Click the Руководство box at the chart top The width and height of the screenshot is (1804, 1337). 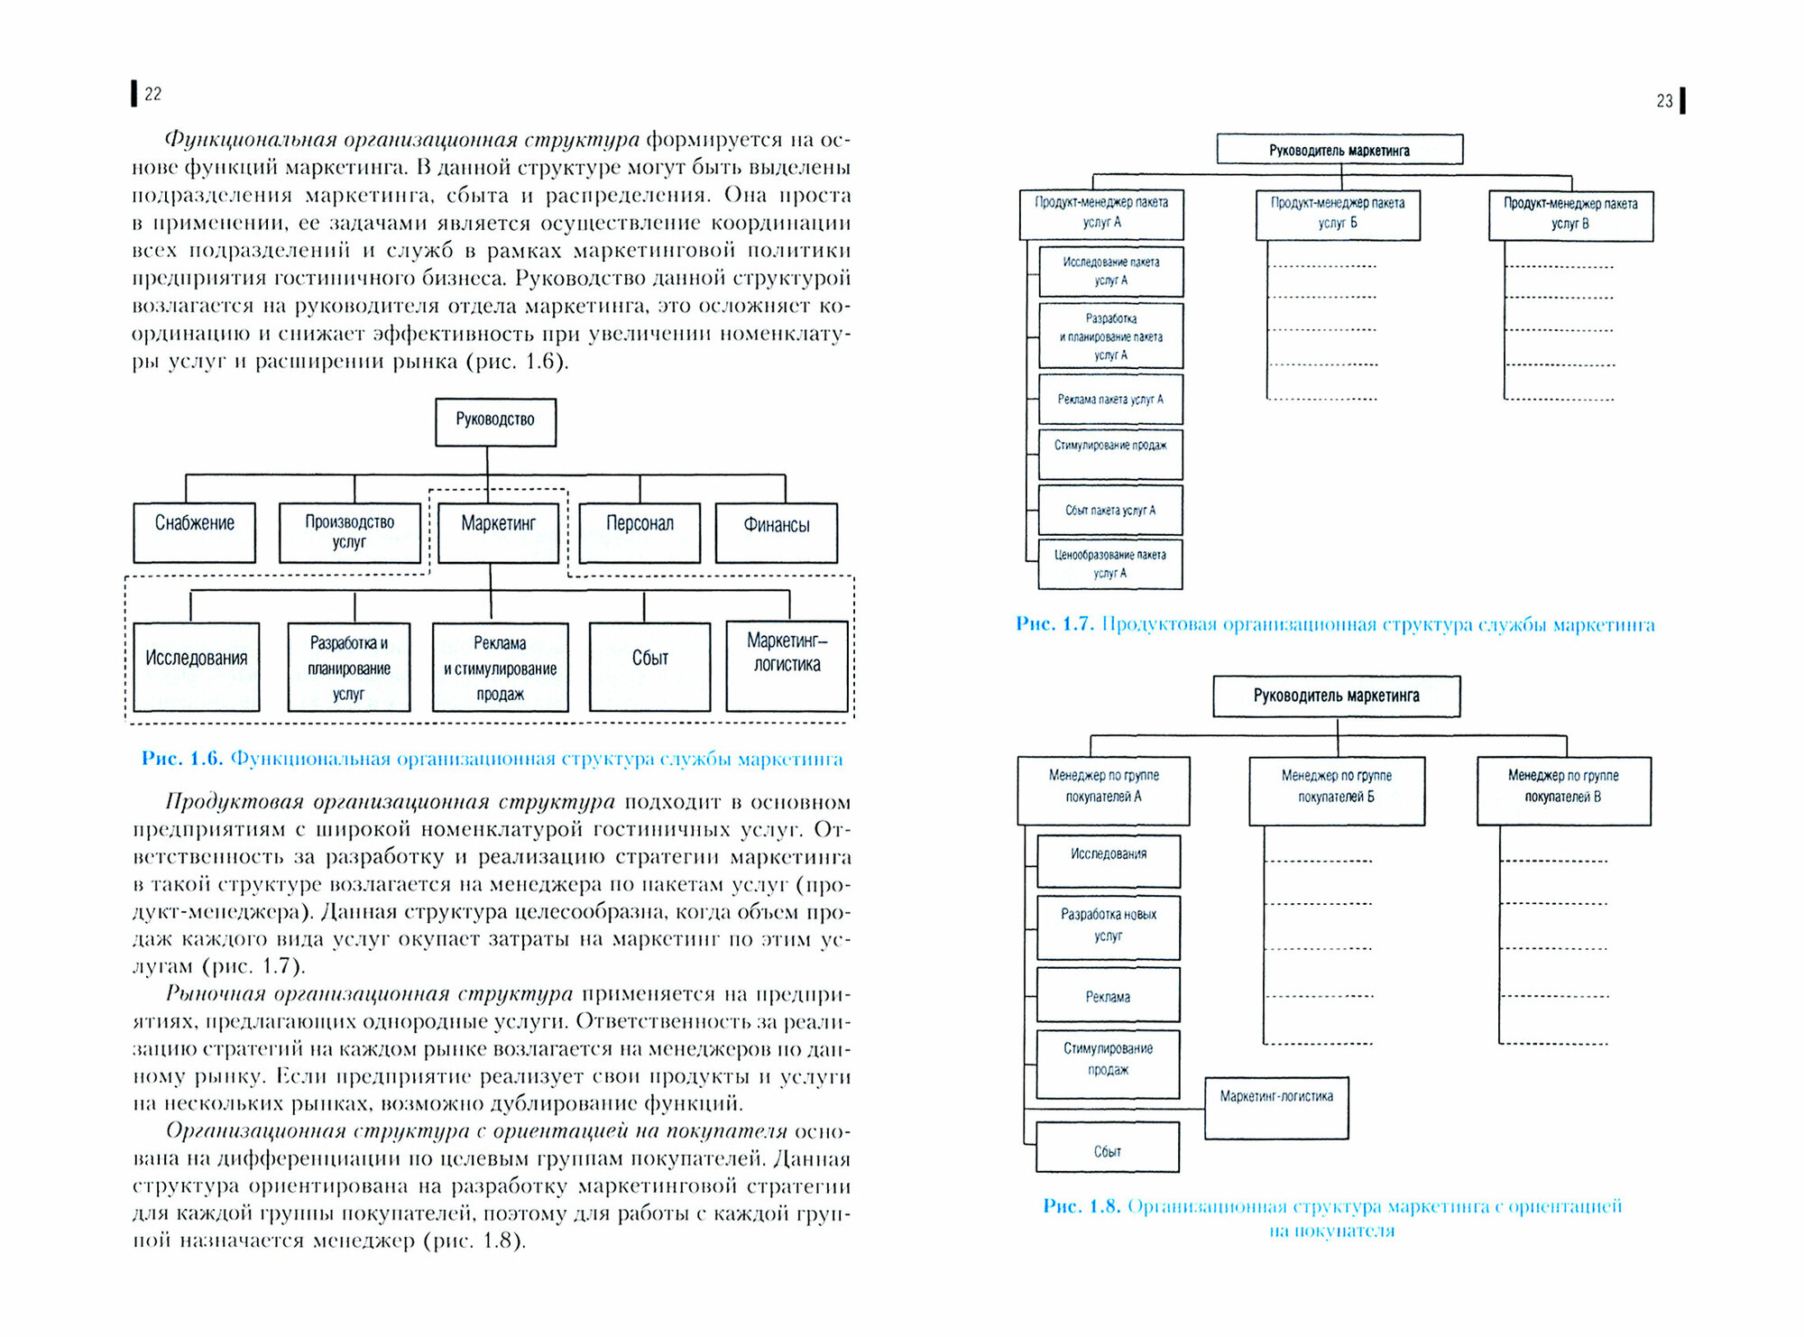click(x=495, y=421)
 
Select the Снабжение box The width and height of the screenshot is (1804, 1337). click(x=194, y=532)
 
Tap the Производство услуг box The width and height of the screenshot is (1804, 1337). click(x=349, y=532)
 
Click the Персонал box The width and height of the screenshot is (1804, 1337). click(x=640, y=532)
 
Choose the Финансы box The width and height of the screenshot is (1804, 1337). click(x=776, y=532)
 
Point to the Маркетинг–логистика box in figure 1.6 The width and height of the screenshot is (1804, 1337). click(x=787, y=665)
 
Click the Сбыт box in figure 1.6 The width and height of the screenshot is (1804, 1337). click(x=649, y=666)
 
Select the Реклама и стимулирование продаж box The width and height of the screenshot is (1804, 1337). click(x=500, y=668)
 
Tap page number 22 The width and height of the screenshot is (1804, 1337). click(x=152, y=94)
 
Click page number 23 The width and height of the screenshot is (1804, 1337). click(x=1664, y=101)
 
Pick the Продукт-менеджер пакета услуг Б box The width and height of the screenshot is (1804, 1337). click(x=1338, y=214)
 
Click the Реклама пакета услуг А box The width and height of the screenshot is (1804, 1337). click(x=1110, y=400)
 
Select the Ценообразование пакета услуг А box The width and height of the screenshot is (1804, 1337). click(x=1109, y=564)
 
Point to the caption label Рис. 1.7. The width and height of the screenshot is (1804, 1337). click(x=1054, y=624)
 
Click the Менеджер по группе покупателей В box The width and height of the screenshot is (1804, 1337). click(x=1563, y=789)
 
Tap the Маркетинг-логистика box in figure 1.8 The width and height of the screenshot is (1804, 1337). click(x=1276, y=1107)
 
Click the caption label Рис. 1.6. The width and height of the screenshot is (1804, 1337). click(x=180, y=759)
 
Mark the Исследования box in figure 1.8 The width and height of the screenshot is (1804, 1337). click(x=1108, y=860)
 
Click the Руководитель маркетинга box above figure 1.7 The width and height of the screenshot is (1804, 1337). click(x=1339, y=149)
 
